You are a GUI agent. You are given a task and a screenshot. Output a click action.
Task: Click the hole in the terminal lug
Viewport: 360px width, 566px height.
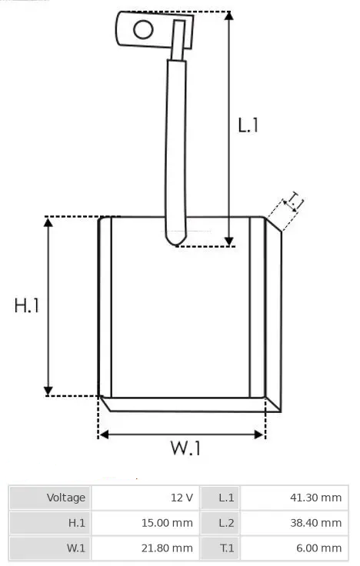tap(143, 29)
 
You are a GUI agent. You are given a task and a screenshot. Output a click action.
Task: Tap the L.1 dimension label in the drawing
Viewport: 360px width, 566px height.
tap(248, 125)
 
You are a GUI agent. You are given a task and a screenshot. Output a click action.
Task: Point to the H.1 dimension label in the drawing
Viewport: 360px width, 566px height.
tap(26, 305)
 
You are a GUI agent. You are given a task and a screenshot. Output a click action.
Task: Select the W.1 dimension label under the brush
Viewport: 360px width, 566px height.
tap(185, 448)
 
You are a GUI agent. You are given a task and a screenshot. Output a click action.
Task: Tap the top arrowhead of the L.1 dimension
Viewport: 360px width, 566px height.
tap(229, 15)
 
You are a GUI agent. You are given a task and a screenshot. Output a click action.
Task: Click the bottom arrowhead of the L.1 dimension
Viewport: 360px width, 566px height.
tap(229, 241)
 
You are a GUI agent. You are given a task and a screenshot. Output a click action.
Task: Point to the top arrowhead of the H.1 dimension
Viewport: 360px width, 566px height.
tap(48, 222)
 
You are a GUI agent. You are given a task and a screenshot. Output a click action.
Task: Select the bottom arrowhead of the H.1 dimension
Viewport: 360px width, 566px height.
tap(48, 391)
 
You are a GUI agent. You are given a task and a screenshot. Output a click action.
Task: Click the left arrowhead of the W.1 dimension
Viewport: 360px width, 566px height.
tap(104, 434)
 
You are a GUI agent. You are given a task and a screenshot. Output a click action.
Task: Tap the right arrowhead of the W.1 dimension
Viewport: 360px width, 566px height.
tap(259, 434)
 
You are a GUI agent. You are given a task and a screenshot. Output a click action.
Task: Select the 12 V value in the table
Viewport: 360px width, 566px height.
tap(182, 498)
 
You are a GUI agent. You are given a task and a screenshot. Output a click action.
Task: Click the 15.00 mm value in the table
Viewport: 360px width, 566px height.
tap(167, 523)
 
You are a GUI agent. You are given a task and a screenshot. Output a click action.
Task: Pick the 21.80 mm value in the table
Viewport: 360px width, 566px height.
tap(167, 548)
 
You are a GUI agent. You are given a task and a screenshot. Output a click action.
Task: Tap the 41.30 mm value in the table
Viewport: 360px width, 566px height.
tap(315, 498)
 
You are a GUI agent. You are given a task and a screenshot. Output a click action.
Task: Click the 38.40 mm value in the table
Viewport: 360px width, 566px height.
tap(315, 523)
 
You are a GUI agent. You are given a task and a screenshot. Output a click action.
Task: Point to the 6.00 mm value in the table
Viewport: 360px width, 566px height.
tap(318, 548)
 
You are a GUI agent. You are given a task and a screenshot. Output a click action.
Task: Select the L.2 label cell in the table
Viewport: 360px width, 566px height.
tap(220, 523)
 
